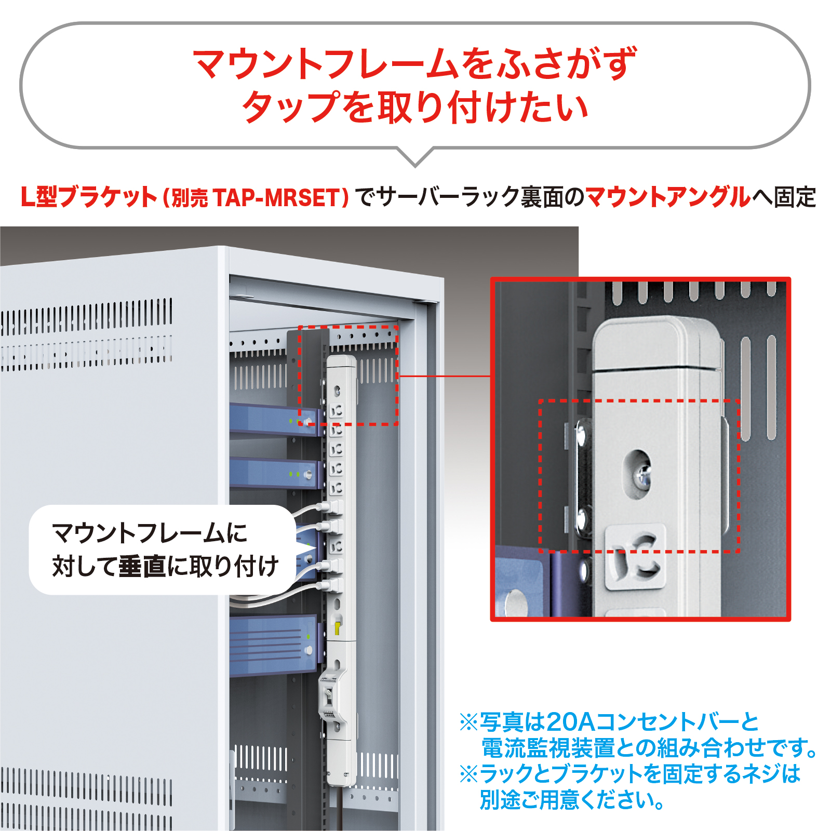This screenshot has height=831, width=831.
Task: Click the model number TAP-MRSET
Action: [276, 198]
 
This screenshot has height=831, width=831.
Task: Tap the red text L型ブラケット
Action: [89, 197]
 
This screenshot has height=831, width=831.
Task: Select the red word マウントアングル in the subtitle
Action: [668, 197]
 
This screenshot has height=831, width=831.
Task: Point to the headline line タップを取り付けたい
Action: [415, 107]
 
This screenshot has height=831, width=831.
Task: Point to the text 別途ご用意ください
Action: [572, 800]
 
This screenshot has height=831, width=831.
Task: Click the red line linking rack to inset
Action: [445, 376]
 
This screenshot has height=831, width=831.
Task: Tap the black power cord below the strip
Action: [338, 808]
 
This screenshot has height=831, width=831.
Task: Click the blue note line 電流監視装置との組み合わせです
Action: [649, 748]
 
